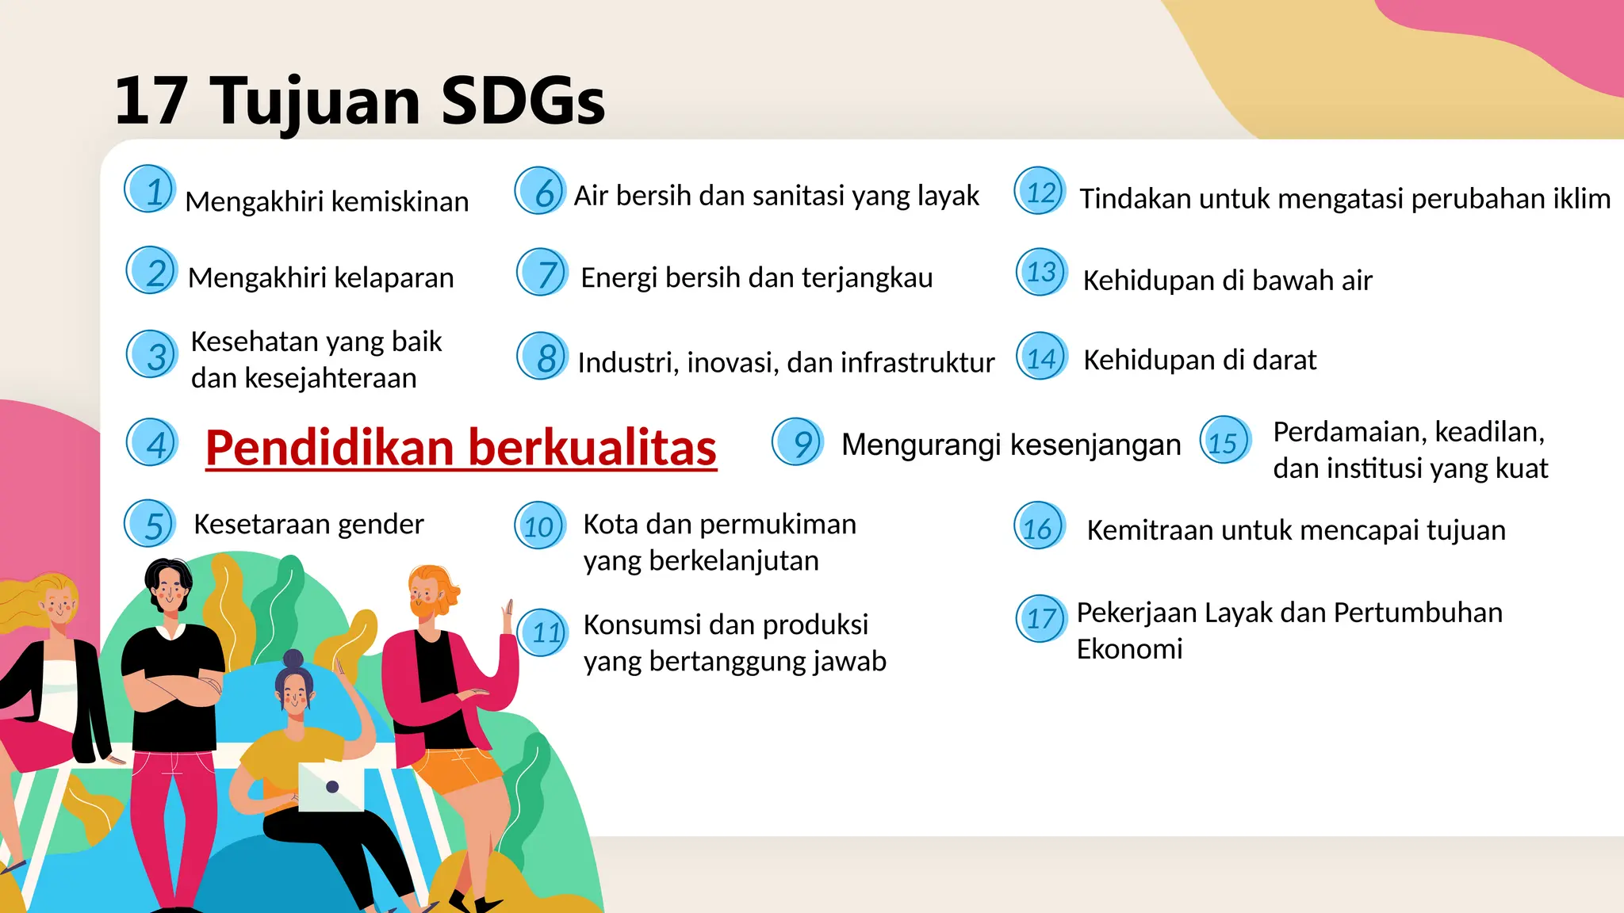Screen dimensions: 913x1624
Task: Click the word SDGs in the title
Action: [522, 101]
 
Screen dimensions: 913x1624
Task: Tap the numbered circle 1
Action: [150, 190]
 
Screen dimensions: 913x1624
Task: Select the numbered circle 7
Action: [542, 273]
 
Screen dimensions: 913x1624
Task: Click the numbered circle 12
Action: [1040, 192]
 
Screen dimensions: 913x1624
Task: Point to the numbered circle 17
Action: [1040, 618]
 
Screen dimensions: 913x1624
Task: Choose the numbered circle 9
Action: [798, 441]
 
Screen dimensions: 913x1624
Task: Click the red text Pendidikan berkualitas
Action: [461, 448]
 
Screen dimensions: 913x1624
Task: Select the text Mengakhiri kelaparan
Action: [320, 278]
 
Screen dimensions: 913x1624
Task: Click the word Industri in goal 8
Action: [627, 362]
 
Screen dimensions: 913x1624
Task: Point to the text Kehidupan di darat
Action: [1199, 361]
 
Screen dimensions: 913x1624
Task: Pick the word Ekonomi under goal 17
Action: [1129, 649]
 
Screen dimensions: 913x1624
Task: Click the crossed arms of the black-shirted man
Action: [174, 689]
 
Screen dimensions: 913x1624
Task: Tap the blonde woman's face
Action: [57, 609]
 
